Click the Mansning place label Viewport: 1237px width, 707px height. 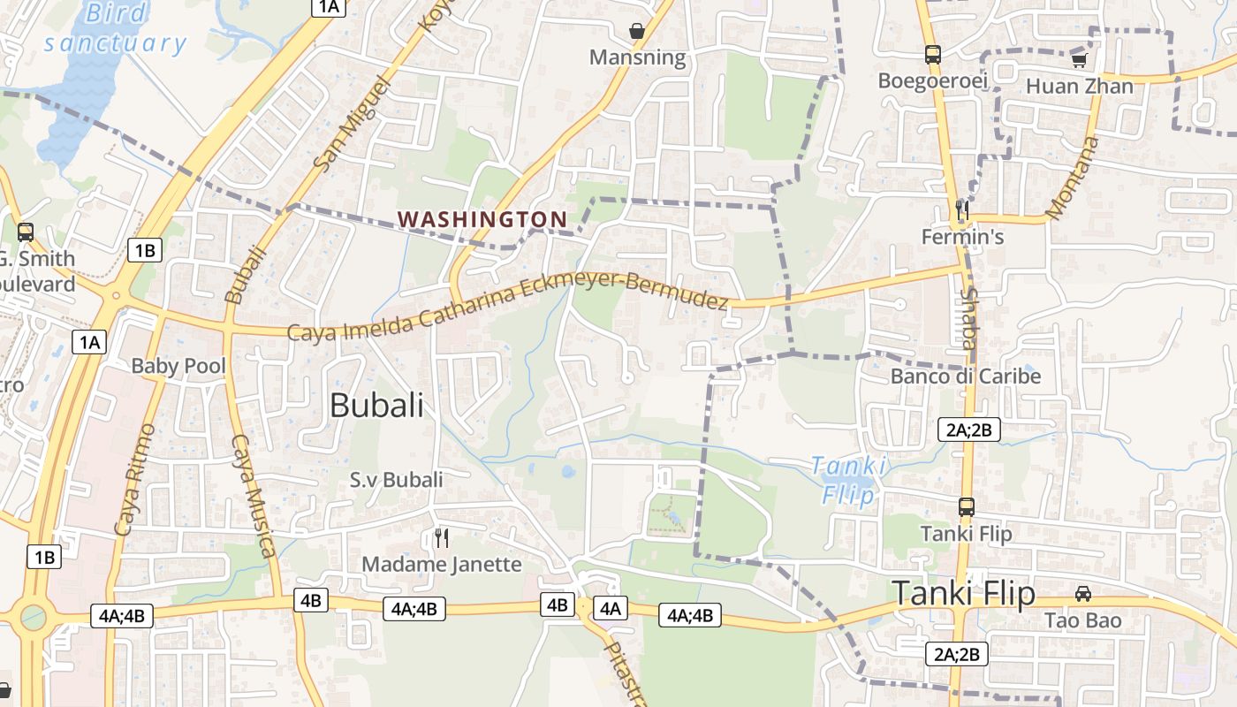[637, 58]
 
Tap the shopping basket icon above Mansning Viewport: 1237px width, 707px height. [637, 31]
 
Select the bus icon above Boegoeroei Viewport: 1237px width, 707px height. [932, 55]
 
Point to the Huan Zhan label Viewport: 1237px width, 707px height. [1079, 87]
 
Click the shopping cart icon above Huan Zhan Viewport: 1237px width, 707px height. [1079, 60]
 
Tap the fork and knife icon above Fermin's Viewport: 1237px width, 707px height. [962, 210]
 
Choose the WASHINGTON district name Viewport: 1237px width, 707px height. [482, 218]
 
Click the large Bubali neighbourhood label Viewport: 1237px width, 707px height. [376, 406]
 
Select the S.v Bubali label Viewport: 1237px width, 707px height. [397, 480]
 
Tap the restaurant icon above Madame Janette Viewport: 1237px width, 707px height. [442, 537]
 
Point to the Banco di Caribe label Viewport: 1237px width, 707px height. [966, 376]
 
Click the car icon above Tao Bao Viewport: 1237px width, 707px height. [1083, 594]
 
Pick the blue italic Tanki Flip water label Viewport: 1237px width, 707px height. [848, 480]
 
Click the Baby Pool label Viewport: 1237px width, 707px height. [178, 366]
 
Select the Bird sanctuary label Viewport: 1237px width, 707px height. [116, 28]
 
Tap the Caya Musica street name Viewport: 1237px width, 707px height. [254, 497]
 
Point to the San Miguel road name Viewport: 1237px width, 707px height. [351, 124]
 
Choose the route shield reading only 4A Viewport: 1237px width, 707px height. [611, 608]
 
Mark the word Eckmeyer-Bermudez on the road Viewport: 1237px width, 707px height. [624, 293]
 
